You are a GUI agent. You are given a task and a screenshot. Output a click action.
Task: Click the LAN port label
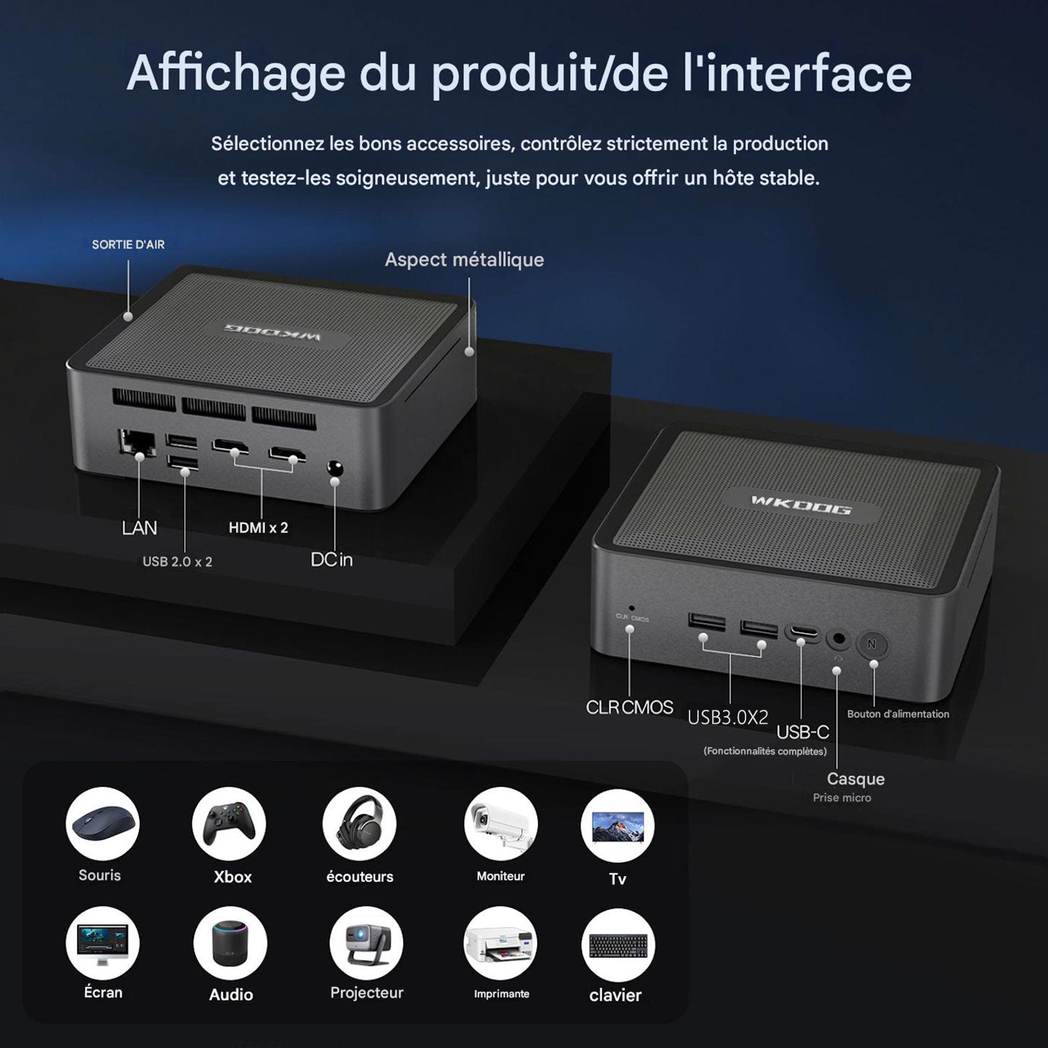(139, 527)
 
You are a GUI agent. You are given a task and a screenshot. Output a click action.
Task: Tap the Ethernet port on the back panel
(138, 443)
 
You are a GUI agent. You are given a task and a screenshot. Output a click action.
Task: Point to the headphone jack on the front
(838, 639)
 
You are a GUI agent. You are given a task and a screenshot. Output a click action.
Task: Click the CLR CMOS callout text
(629, 707)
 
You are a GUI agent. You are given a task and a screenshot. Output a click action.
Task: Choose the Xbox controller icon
(229, 824)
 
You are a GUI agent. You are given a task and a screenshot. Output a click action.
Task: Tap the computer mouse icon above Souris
(103, 824)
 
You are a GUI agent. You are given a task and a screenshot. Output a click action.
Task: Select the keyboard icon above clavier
(618, 945)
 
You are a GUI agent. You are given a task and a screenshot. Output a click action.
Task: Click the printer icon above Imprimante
(501, 944)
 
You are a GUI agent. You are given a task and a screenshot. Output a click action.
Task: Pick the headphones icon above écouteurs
(359, 824)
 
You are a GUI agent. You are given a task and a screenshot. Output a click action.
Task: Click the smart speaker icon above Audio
(231, 944)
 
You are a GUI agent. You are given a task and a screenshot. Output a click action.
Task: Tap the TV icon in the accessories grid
(618, 826)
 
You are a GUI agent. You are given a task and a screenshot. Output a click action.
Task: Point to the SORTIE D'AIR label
(129, 245)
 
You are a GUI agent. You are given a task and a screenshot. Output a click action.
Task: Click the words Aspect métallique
(465, 260)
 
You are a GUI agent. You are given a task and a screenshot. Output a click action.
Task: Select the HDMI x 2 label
(259, 527)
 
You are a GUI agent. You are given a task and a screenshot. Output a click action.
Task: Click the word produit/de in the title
(550, 73)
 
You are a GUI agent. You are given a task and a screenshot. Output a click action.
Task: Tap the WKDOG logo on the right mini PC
(801, 504)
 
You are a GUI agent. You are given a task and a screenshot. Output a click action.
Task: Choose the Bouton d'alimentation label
(898, 714)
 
